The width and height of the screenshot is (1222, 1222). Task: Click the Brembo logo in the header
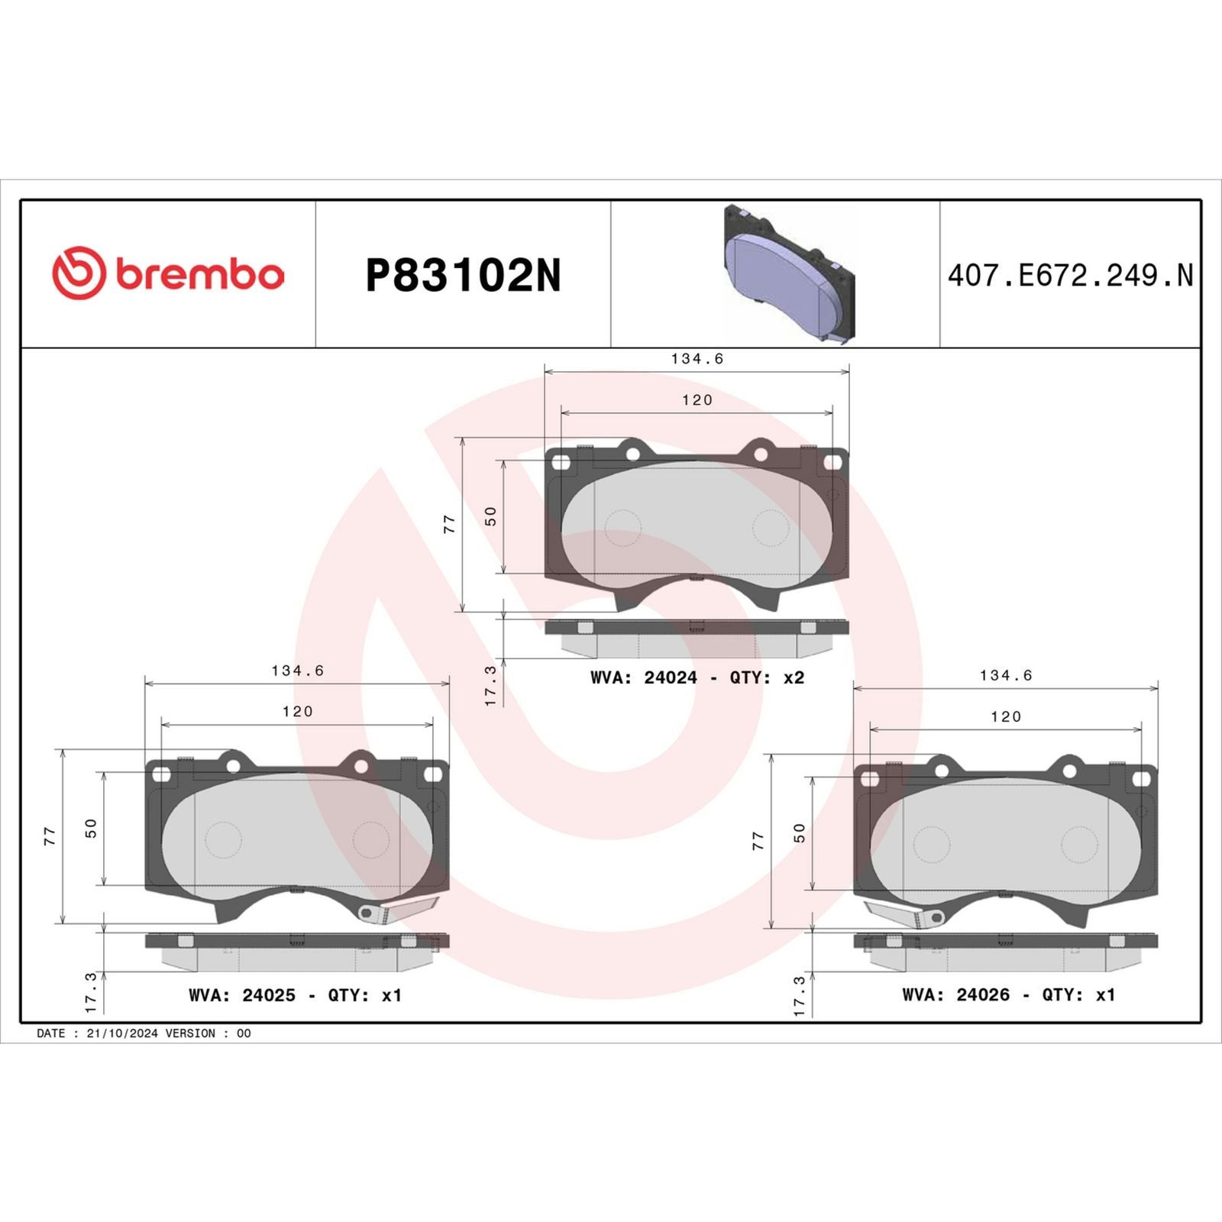click(x=168, y=273)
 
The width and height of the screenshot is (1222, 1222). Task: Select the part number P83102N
click(x=463, y=276)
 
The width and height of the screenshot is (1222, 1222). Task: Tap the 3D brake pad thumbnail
click(x=789, y=273)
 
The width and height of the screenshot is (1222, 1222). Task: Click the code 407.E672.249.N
click(x=1069, y=276)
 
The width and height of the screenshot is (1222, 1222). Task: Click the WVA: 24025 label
click(x=241, y=995)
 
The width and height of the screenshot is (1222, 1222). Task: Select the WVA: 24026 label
click(x=955, y=994)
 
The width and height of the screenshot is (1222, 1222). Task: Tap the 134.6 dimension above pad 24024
click(x=697, y=358)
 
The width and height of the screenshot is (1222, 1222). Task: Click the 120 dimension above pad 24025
click(x=297, y=711)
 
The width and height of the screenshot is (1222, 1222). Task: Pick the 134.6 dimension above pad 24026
click(x=1005, y=675)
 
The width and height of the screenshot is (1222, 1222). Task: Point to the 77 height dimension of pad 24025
click(x=50, y=836)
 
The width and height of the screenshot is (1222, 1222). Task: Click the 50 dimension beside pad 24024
click(x=491, y=516)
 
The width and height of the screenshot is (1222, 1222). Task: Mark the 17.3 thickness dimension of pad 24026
click(x=800, y=996)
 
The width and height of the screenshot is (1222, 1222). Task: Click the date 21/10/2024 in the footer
click(x=122, y=1033)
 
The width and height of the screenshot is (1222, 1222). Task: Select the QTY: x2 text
click(x=767, y=677)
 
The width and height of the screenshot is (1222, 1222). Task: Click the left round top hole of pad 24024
click(x=632, y=453)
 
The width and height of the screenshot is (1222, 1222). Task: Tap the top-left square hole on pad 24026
click(x=869, y=779)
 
